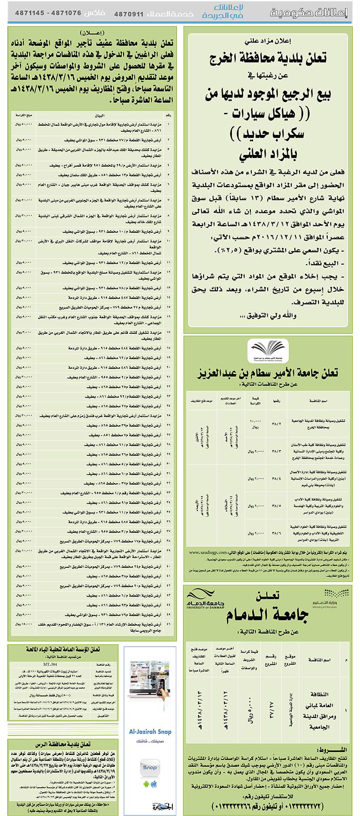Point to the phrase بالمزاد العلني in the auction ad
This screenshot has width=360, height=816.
coord(271,153)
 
